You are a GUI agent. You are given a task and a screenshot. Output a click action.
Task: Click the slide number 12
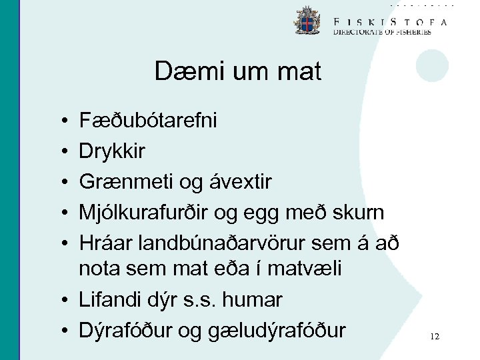click(435, 337)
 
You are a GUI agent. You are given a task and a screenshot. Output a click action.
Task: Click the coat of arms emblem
click(307, 21)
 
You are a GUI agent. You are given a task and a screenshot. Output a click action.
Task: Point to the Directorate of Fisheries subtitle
click(382, 32)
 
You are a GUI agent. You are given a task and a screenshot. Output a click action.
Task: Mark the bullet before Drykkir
click(61, 152)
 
